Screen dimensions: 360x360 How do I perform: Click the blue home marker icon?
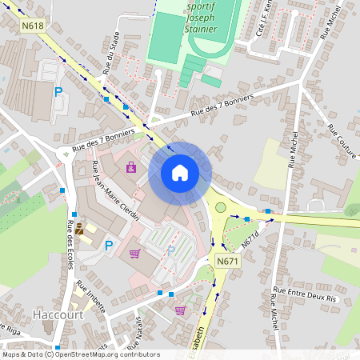pos(180,172)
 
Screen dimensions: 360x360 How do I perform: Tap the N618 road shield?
pos(33,26)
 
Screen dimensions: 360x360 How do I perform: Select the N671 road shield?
pos(227,261)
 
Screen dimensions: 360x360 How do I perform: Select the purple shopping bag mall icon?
pos(131,167)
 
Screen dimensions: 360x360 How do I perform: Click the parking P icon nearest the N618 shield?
pos(58,92)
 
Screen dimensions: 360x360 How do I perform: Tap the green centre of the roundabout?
pos(221,207)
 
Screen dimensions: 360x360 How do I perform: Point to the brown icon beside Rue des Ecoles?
pos(79,229)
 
